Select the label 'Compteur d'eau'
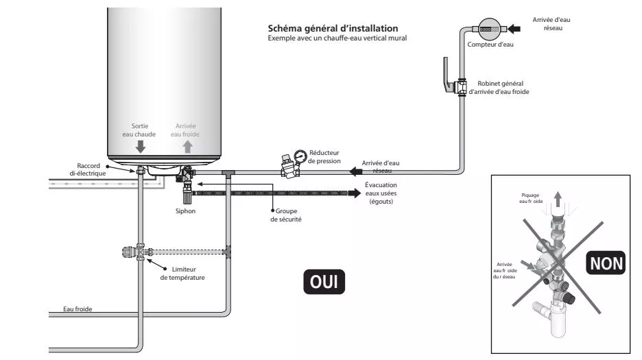(490, 45)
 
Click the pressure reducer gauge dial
(299, 156)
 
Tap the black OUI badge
(324, 281)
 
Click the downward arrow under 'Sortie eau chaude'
(141, 146)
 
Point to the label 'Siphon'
(185, 211)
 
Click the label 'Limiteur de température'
(182, 274)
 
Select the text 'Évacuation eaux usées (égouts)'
(381, 193)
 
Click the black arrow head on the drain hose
(355, 193)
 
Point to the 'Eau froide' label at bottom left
(78, 309)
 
